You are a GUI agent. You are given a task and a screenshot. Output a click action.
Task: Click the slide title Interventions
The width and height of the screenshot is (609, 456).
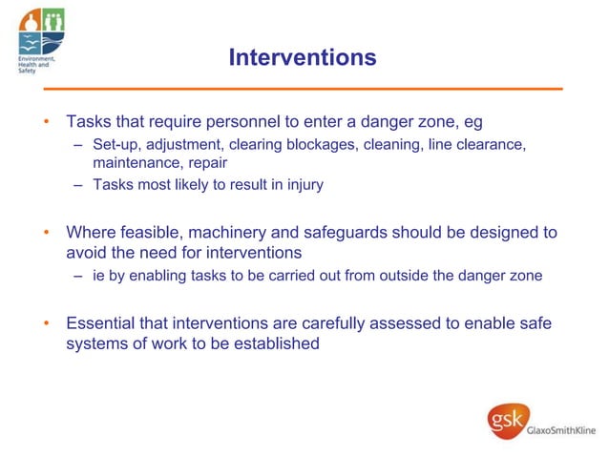(x=303, y=57)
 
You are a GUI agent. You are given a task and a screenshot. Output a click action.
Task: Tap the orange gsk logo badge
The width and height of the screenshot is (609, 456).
(x=506, y=421)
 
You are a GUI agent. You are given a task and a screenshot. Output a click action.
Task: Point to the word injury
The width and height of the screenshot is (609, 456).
(x=304, y=185)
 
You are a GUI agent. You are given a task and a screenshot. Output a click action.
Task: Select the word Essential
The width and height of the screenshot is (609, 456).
(x=102, y=322)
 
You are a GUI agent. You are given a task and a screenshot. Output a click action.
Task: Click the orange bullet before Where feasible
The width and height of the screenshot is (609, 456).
(x=44, y=233)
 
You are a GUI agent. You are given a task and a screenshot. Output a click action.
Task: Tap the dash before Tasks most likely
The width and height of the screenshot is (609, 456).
(x=78, y=185)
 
